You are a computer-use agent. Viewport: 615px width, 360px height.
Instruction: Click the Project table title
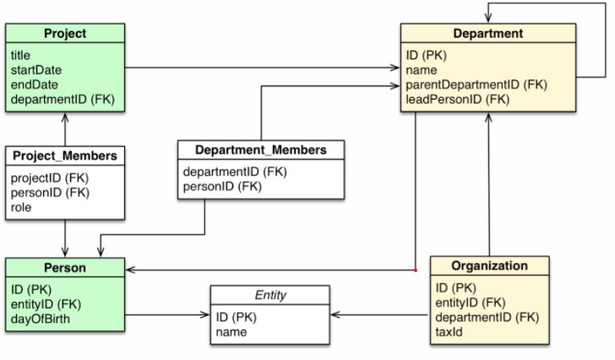[x=65, y=33]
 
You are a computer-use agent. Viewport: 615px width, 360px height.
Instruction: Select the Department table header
[x=488, y=33]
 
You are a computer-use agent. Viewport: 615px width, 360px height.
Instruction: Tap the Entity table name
[x=270, y=295]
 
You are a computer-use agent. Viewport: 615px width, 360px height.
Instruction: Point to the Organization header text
[x=489, y=265]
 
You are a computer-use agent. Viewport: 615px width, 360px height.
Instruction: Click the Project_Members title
[x=65, y=155]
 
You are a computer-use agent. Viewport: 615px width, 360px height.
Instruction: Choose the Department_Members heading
[x=261, y=150]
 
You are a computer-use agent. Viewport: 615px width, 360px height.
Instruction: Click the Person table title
[x=65, y=268]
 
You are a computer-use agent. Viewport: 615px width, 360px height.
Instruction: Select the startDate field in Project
[x=36, y=70]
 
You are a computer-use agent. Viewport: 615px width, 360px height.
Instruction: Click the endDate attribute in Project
[x=34, y=85]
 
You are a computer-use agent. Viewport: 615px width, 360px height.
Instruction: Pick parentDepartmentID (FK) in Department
[x=476, y=85]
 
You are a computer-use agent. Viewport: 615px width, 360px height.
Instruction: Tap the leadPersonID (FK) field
[x=457, y=99]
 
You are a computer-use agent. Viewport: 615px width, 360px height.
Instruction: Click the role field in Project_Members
[x=21, y=207]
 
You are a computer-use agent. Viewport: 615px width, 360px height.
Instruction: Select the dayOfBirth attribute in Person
[x=40, y=319]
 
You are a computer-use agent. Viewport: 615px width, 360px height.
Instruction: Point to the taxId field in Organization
[x=449, y=332]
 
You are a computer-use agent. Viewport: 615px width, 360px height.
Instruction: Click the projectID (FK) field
[x=50, y=178]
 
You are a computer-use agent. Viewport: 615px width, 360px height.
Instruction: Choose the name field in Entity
[x=231, y=332]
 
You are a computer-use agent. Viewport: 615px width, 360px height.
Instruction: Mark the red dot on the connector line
[x=416, y=270]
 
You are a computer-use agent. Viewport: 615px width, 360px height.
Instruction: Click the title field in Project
[x=20, y=55]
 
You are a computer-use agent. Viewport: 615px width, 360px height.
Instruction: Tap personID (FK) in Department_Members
[x=222, y=186]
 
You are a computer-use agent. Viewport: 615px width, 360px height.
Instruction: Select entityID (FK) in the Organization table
[x=471, y=303]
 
